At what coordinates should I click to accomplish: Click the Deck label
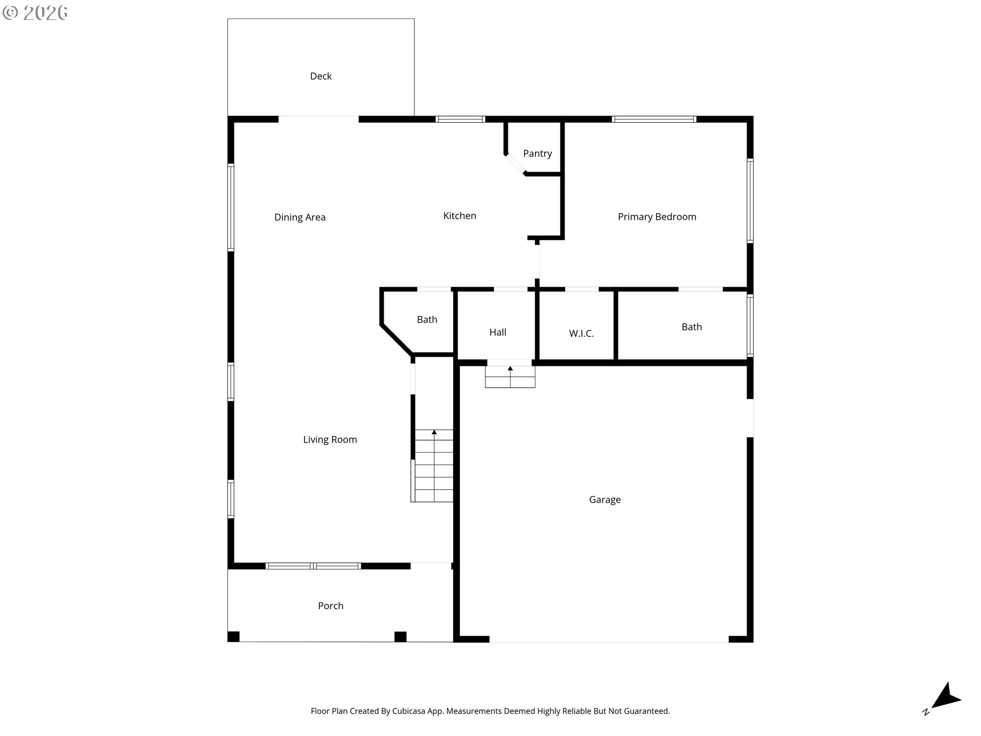click(321, 76)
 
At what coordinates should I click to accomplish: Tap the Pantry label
click(538, 153)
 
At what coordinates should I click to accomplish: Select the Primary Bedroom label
click(657, 217)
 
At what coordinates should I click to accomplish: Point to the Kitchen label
click(460, 216)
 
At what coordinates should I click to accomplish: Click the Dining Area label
click(300, 217)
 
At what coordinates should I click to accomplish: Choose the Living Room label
click(330, 440)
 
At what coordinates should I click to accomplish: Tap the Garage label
click(605, 500)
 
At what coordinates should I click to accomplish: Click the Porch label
click(331, 606)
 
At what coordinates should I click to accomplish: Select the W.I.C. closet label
click(581, 334)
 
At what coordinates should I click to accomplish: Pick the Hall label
click(498, 332)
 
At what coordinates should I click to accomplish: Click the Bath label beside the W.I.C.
click(692, 327)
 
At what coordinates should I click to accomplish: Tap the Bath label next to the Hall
click(427, 319)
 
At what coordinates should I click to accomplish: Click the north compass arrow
click(946, 697)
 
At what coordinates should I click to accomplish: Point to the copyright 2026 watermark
click(35, 13)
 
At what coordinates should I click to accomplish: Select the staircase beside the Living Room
click(434, 466)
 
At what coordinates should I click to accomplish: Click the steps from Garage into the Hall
click(510, 377)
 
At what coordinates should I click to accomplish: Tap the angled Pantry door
click(516, 164)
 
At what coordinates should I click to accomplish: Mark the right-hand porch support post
click(401, 637)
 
